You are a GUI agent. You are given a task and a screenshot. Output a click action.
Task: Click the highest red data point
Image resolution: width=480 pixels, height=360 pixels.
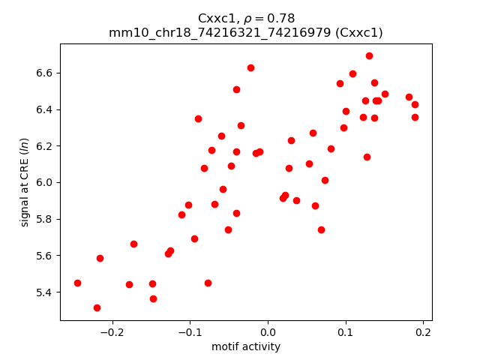point(369,55)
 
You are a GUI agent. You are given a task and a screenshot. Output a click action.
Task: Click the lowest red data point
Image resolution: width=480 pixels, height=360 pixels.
point(97,307)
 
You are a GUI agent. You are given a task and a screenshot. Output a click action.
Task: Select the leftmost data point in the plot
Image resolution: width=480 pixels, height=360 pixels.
point(77,283)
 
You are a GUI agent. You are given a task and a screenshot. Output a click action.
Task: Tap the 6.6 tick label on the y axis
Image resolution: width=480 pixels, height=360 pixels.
point(44,73)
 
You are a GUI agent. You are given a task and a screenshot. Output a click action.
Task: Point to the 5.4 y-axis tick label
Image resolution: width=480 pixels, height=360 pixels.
point(44,292)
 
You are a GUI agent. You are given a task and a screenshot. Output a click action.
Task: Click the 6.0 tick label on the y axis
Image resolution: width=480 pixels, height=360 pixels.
point(44,182)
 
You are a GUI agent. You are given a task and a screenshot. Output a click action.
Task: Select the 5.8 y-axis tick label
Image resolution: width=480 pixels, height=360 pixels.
point(44,219)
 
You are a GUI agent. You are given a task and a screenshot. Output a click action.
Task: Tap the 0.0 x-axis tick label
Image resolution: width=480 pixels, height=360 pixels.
point(268,332)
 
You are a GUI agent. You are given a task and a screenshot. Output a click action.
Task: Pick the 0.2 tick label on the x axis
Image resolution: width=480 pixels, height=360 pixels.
point(423,332)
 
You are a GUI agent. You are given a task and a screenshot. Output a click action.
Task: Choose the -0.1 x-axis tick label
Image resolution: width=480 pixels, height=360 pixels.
point(190,332)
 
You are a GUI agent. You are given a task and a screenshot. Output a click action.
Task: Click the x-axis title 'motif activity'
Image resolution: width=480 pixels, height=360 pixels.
point(246,346)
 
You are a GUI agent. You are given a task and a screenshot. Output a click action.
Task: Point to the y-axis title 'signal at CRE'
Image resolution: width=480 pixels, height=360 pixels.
point(25,181)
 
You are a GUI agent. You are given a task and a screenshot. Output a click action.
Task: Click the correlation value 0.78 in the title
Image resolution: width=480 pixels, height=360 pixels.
point(282,18)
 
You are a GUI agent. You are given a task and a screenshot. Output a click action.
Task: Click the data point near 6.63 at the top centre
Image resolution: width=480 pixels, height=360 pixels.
point(250,67)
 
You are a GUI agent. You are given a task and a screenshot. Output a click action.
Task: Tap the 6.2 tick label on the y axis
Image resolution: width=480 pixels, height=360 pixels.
point(44,145)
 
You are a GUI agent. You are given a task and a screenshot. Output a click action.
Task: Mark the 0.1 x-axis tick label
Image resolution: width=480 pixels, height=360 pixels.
point(346,332)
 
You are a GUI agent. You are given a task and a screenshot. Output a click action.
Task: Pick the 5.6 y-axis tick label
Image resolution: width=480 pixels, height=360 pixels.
point(44,255)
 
